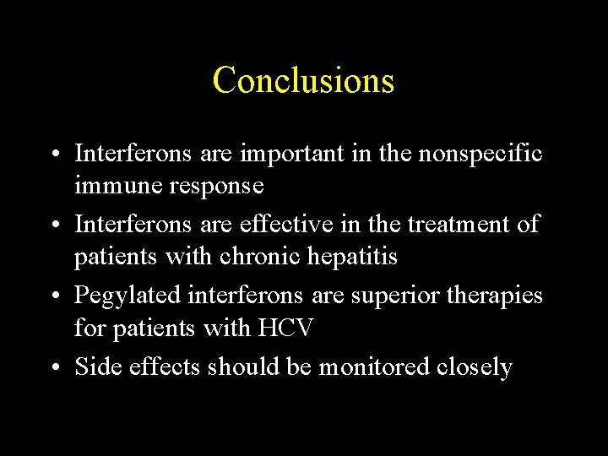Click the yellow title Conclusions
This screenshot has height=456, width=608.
point(303,80)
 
